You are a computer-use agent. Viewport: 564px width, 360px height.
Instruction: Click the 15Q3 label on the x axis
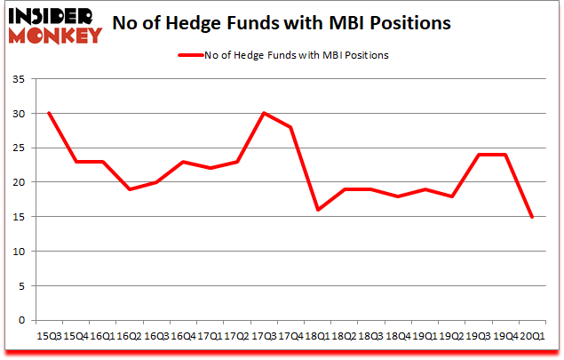tap(49, 337)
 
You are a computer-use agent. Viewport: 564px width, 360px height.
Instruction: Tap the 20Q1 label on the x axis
tap(533, 337)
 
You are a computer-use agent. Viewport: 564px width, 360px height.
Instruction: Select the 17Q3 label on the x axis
tap(264, 337)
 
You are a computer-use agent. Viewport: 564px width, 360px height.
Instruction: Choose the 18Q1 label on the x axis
tap(318, 337)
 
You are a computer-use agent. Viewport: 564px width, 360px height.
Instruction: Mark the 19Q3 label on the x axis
tap(479, 337)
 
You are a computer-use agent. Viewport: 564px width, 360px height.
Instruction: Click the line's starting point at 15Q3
tap(49, 113)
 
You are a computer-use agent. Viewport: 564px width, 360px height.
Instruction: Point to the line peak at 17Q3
tap(264, 113)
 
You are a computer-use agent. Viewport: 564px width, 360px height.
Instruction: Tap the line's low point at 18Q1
tap(318, 210)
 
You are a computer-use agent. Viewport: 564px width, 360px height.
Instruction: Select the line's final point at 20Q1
tap(533, 217)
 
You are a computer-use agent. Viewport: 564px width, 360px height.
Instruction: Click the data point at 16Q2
tap(130, 189)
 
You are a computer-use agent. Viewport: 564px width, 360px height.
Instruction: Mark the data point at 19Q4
tap(506, 155)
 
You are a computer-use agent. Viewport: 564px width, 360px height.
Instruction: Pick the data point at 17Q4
tap(290, 127)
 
